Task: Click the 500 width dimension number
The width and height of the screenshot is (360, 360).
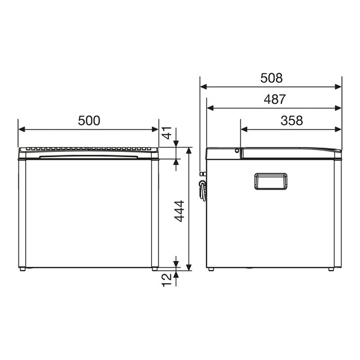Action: pos(89,120)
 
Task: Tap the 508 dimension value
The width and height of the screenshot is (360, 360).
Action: pos(271,77)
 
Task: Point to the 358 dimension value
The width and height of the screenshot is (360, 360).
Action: pos(291,120)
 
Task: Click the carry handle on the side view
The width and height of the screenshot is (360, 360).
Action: pos(271,181)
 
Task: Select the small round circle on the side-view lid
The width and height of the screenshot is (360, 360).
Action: pos(238,151)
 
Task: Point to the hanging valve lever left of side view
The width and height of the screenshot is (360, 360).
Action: pos(202,191)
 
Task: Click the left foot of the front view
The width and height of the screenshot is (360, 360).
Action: pos(22,269)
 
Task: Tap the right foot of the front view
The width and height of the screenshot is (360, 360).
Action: pos(155,269)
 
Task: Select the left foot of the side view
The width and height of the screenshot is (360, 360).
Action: pos(211,269)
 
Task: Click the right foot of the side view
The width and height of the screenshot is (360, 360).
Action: pos(331,269)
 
